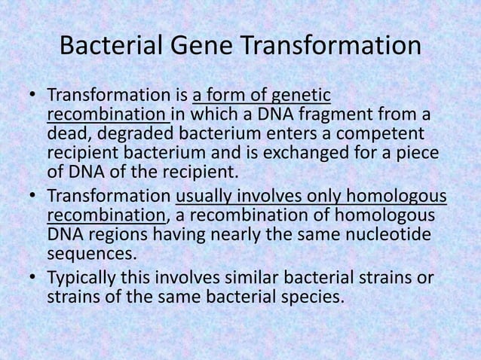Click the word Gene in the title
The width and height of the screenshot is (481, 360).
tap(201, 46)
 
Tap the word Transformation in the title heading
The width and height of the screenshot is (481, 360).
tap(332, 46)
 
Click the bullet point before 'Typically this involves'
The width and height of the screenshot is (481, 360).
tap(32, 279)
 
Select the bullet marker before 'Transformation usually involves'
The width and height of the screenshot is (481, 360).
tap(32, 197)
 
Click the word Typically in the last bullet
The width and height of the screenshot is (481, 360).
tap(81, 278)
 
